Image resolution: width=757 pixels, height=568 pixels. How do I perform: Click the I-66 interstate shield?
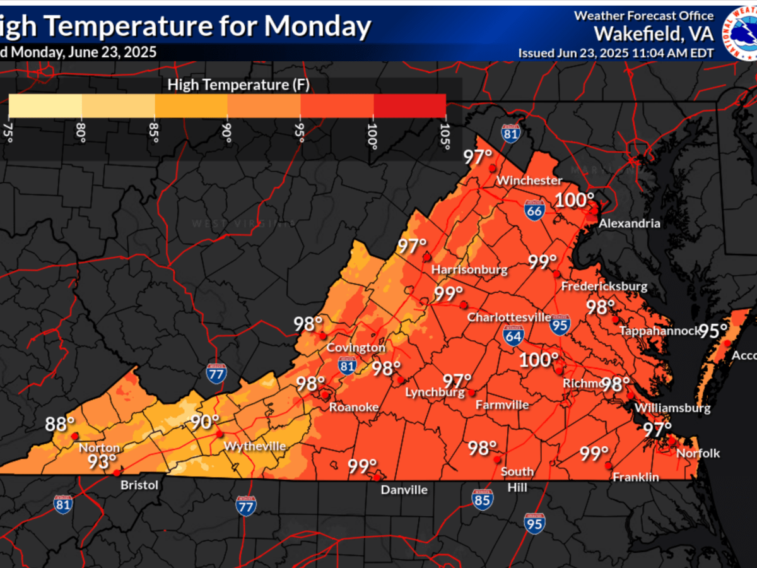(534, 211)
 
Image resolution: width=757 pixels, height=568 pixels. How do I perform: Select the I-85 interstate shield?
(483, 499)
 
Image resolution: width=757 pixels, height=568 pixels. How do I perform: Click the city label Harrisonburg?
(469, 270)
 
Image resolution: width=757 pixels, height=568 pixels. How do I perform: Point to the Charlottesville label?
(509, 317)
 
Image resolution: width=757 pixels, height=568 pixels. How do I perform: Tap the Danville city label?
(404, 490)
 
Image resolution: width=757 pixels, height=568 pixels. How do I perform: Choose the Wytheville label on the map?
(255, 446)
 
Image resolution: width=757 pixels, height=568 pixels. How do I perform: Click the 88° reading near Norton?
(60, 424)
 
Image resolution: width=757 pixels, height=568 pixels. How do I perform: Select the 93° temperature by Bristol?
(102, 462)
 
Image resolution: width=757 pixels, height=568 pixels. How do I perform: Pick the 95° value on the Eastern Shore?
(713, 330)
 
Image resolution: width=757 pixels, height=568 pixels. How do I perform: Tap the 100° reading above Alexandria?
(575, 201)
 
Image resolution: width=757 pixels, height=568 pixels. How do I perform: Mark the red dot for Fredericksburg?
(556, 274)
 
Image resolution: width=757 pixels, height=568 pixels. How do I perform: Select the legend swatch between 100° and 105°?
(409, 105)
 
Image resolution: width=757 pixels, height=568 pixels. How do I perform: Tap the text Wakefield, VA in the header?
(654, 33)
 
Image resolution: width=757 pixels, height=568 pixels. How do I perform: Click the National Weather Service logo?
(741, 32)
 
